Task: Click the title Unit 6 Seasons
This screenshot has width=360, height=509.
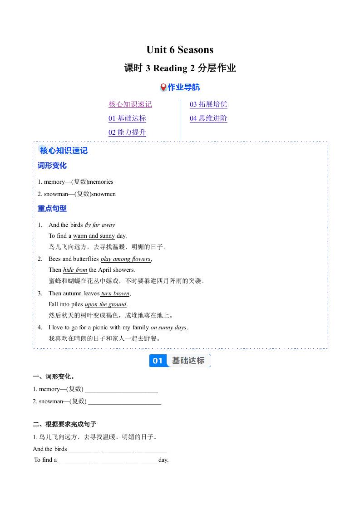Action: [x=180, y=49]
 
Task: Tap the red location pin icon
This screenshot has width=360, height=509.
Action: [x=163, y=87]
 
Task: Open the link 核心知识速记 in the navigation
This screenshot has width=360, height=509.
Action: [x=130, y=104]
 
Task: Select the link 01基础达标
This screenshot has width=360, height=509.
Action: [x=127, y=118]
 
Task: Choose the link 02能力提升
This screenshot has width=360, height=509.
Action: [x=127, y=132]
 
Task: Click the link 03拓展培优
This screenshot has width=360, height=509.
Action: [x=208, y=104]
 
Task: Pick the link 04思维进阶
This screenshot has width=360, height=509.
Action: [x=208, y=118]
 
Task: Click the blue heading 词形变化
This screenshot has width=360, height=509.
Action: [x=52, y=166]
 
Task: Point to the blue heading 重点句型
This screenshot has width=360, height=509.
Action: [x=52, y=209]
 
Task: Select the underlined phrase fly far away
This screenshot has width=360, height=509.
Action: [x=100, y=225]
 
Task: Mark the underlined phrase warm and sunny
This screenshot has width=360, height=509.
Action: [x=94, y=236]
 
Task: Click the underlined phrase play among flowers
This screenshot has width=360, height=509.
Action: [x=125, y=259]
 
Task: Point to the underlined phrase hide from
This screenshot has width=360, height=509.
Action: [x=75, y=270]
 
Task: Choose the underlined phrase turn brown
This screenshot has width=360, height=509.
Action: [x=115, y=294]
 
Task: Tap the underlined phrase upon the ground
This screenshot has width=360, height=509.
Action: [x=106, y=304]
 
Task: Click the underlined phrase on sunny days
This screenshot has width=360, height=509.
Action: [x=168, y=328]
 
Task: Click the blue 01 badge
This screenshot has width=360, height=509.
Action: [x=158, y=361]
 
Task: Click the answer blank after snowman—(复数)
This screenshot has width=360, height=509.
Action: [x=124, y=401]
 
